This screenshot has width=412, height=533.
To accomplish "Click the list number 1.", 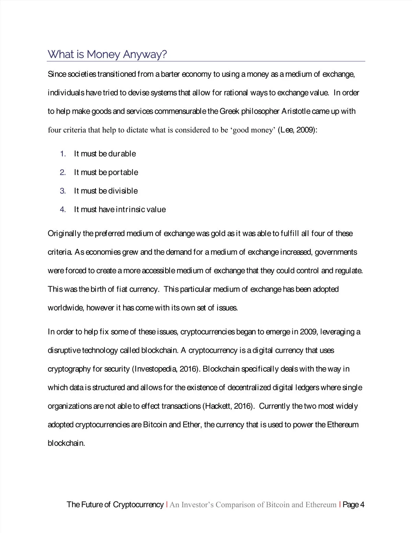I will click(63, 154).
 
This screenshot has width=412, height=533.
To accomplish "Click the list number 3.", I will click(63, 191).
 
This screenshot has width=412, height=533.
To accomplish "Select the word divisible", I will click(123, 191).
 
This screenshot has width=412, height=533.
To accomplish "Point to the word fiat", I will click(122, 289).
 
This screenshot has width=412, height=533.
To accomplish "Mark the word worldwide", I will click(66, 308).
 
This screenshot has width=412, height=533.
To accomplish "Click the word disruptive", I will click(64, 350).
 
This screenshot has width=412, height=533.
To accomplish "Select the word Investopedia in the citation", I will click(156, 369).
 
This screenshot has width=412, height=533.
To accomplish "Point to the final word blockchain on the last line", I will click(66, 443).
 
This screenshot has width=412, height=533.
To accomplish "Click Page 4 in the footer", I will click(353, 505).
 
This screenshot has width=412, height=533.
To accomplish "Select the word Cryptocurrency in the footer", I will click(138, 505).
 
